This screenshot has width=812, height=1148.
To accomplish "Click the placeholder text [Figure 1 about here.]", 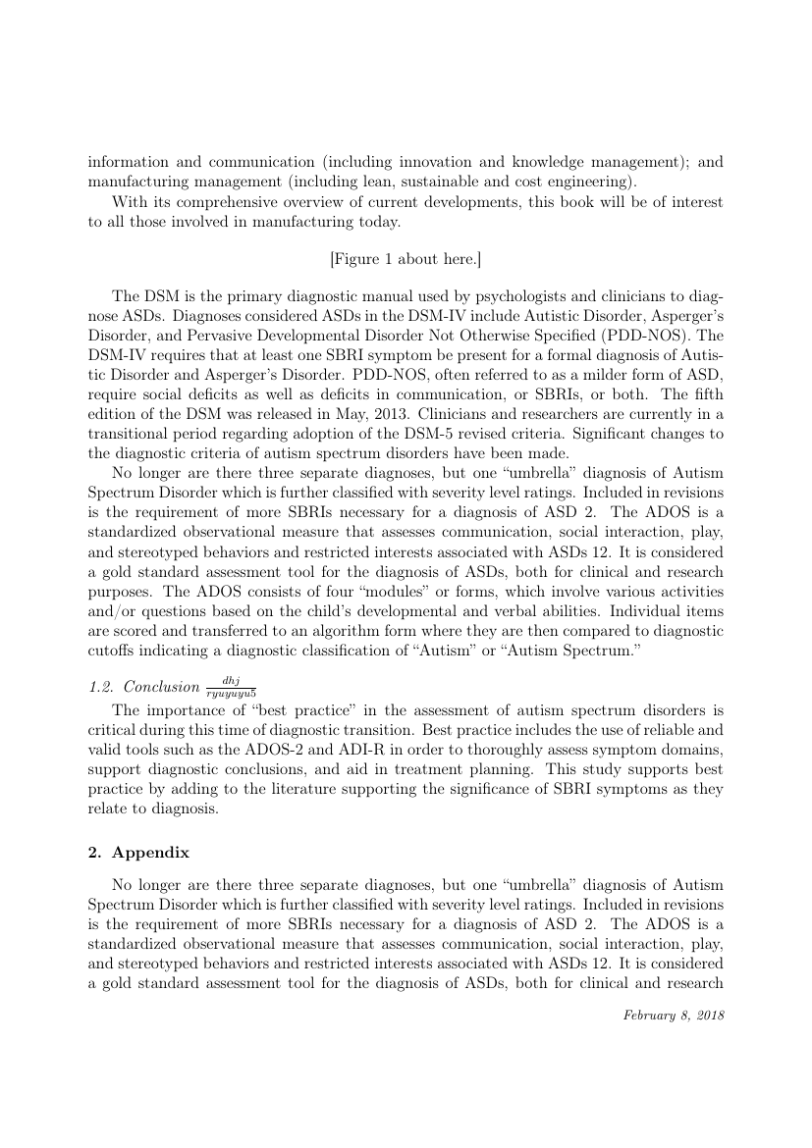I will tap(405, 259).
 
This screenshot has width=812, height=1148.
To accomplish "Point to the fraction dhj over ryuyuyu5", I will tap(232, 686).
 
